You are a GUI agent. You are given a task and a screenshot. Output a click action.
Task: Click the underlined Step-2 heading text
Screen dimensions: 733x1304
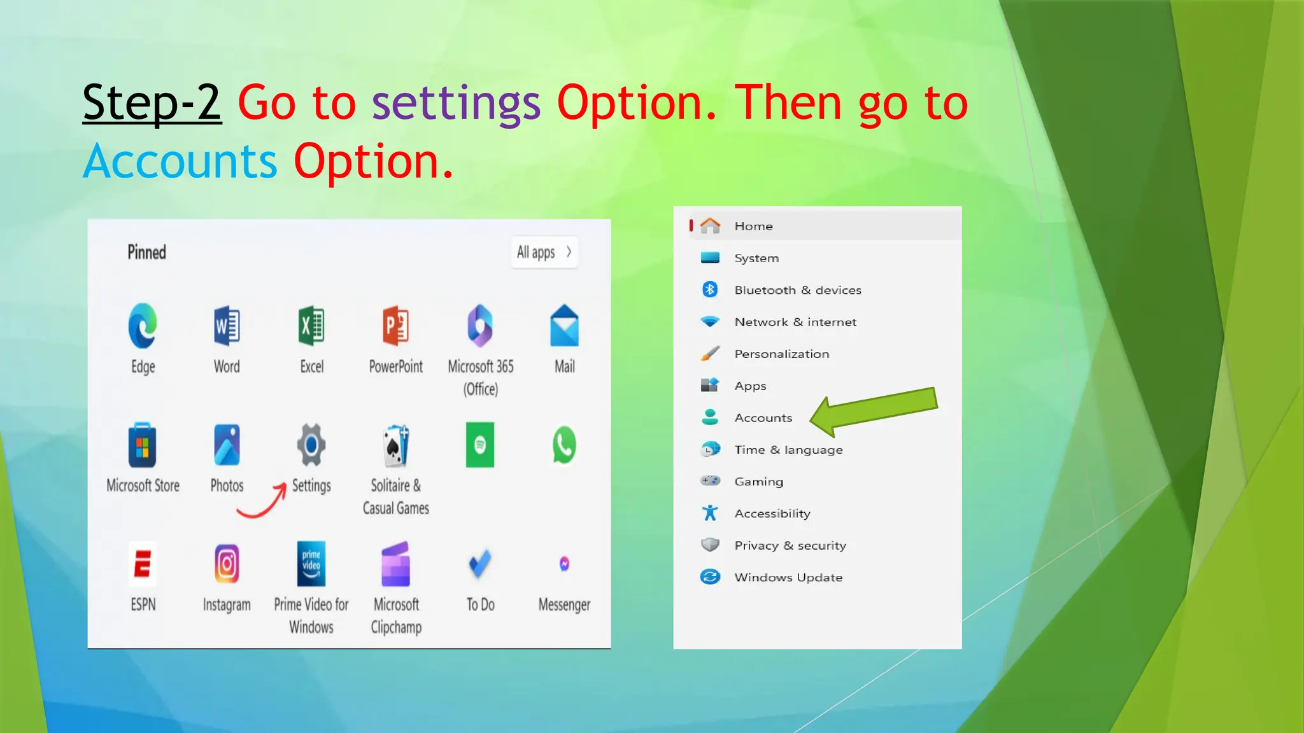point(152,102)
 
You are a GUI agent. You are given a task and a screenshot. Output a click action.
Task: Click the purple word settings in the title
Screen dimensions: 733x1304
point(456,104)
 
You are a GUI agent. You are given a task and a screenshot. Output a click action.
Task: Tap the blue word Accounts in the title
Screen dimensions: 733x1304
point(180,162)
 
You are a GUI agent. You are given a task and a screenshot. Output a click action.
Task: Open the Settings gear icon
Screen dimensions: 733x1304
point(311,445)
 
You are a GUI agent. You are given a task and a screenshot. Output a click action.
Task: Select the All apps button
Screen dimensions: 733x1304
point(544,253)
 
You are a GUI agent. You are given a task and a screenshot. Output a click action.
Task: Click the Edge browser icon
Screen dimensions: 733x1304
point(143,326)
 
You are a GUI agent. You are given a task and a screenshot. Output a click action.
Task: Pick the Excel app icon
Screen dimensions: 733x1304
point(311,326)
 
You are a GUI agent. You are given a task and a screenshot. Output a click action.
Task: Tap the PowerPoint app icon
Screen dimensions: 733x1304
point(395,326)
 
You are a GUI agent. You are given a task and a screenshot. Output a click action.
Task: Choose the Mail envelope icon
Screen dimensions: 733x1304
point(564,326)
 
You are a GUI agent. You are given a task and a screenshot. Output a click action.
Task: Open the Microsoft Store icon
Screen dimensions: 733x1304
point(143,445)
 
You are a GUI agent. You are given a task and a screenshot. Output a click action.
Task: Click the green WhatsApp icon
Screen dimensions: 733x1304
point(564,445)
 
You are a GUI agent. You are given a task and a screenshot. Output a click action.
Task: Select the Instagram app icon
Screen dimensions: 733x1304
point(227,564)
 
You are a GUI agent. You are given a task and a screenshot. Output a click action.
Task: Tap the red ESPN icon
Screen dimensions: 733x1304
point(143,564)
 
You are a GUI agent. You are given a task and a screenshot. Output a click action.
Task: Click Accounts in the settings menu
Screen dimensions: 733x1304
point(763,418)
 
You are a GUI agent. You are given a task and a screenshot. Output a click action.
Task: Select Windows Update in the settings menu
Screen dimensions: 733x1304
point(788,578)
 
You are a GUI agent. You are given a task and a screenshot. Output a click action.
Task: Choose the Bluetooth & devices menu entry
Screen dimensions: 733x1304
point(797,290)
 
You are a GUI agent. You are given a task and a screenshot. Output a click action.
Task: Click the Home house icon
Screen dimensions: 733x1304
point(710,226)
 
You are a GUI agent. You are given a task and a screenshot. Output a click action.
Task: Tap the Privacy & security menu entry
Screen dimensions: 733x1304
point(790,546)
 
